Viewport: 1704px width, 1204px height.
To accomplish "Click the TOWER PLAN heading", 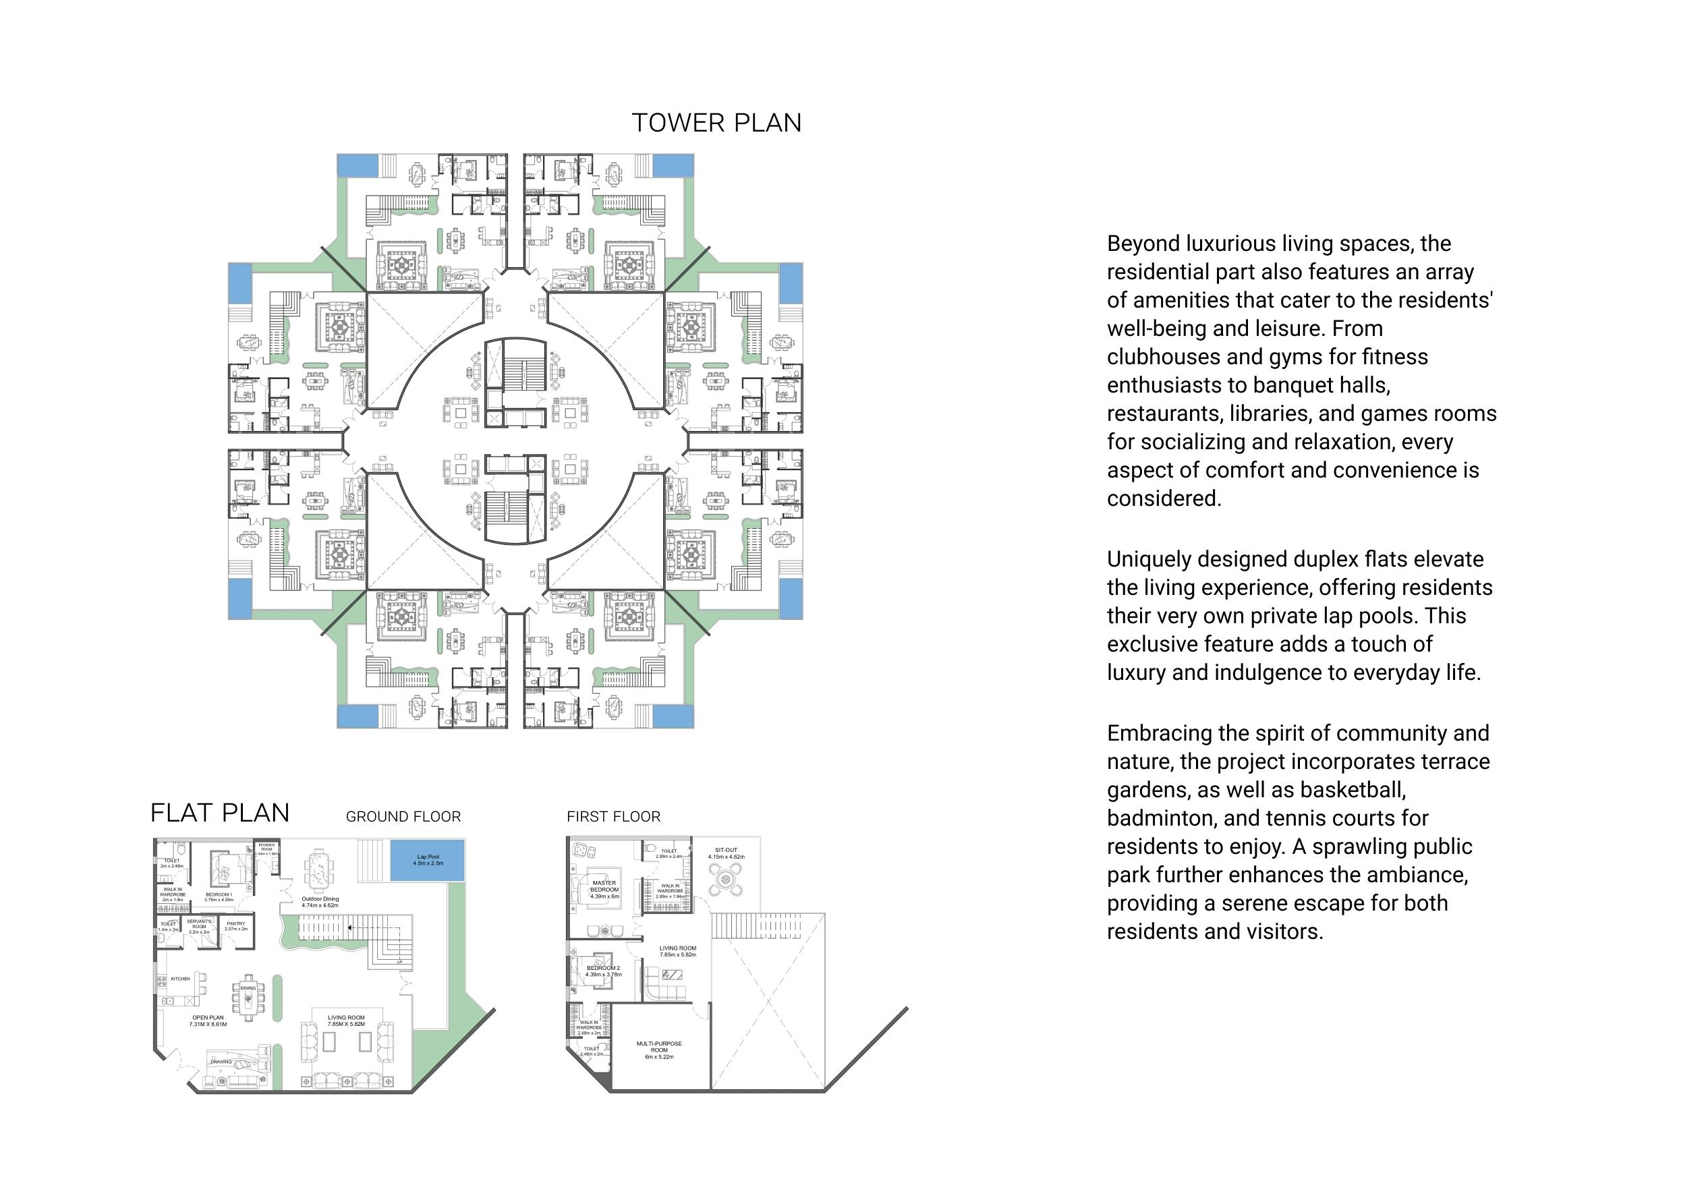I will coord(716,123).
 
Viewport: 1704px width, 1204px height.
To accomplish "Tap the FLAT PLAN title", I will coord(220,813).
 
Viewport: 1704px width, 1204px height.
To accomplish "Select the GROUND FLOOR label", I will coord(403,818).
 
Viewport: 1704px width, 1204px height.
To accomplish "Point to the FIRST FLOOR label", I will coord(613,818).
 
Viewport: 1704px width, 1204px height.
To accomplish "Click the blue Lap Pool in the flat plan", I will coord(428,860).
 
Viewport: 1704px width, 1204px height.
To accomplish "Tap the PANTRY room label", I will coord(236,924).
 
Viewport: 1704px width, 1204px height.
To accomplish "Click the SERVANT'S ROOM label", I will coord(199,924).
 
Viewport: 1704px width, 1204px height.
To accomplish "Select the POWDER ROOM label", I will coord(266,847).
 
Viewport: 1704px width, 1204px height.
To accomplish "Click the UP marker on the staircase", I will coord(399,962).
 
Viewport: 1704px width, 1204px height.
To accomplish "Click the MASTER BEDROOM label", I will coord(604,886).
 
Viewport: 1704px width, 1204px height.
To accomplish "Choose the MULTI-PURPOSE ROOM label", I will coord(659,1047).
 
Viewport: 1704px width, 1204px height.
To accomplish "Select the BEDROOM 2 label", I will coord(602,968).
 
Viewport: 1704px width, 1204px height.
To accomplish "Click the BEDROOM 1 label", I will coord(219,895).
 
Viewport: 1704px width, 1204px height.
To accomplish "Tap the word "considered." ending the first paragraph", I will coord(1164,499).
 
